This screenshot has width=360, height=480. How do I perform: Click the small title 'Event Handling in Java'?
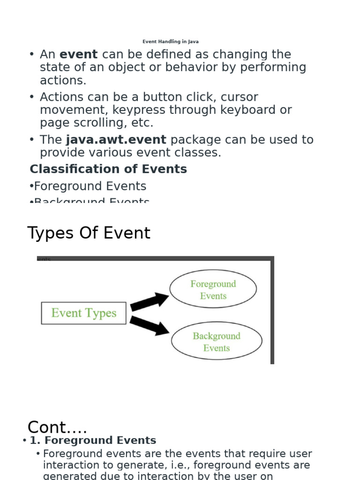coord(170,42)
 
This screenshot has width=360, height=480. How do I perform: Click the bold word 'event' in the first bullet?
coord(79,55)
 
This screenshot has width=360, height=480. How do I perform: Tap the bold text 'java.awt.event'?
coord(116,140)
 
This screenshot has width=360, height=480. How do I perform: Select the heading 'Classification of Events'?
coord(108,169)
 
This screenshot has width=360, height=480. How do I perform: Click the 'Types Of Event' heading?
coord(89,233)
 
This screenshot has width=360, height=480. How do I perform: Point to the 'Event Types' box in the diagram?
coord(83,313)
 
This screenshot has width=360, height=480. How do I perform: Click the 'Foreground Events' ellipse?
coord(213,290)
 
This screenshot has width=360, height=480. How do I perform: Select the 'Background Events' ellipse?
coord(216,342)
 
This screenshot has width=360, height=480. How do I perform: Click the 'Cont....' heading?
coord(57,427)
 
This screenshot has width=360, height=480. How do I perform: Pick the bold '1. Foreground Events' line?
coord(93,441)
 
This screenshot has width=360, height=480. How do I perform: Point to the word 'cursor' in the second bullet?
coord(239,97)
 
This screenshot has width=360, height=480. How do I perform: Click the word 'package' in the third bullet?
coord(193,140)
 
